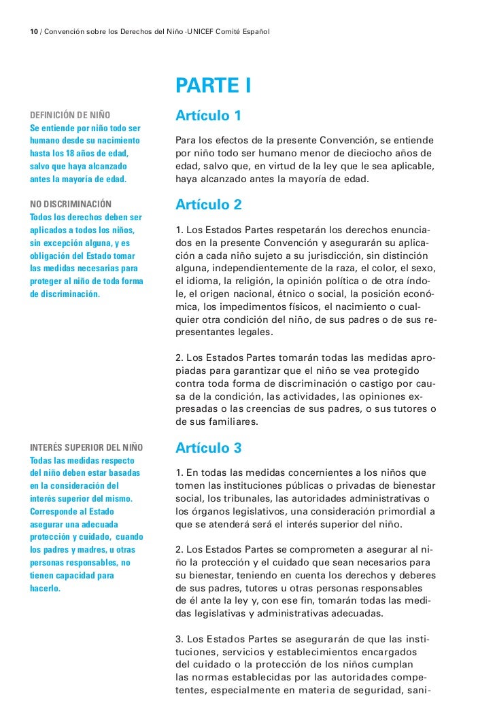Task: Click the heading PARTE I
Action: pyautogui.click(x=214, y=86)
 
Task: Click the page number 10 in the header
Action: pyautogui.click(x=34, y=33)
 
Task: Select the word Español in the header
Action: pyautogui.click(x=254, y=33)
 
